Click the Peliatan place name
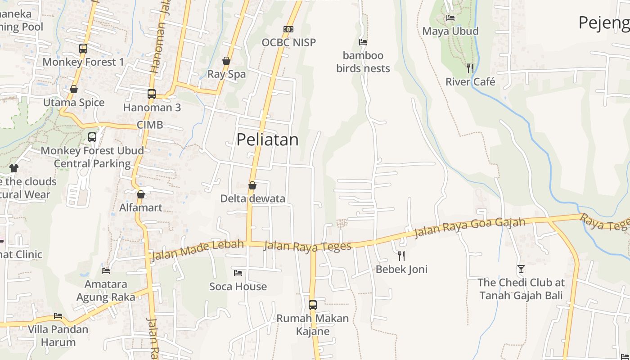tap(267, 139)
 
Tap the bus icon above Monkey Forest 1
tap(83, 49)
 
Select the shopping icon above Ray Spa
tap(226, 61)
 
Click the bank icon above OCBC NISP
tap(288, 29)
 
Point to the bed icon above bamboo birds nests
tap(363, 42)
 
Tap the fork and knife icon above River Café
tap(470, 68)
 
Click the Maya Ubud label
tap(450, 31)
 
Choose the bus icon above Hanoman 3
tap(152, 94)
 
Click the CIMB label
tap(150, 125)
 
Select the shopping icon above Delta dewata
tap(252, 185)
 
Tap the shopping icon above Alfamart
tap(141, 194)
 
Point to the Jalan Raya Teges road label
tap(307, 246)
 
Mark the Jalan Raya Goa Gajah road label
tap(469, 228)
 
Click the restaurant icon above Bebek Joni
tap(401, 256)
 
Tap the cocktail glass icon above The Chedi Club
tap(521, 269)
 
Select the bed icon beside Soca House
tap(238, 273)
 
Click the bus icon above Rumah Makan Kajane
tap(313, 305)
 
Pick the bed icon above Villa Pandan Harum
tap(58, 316)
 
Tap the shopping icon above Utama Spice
tap(74, 90)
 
